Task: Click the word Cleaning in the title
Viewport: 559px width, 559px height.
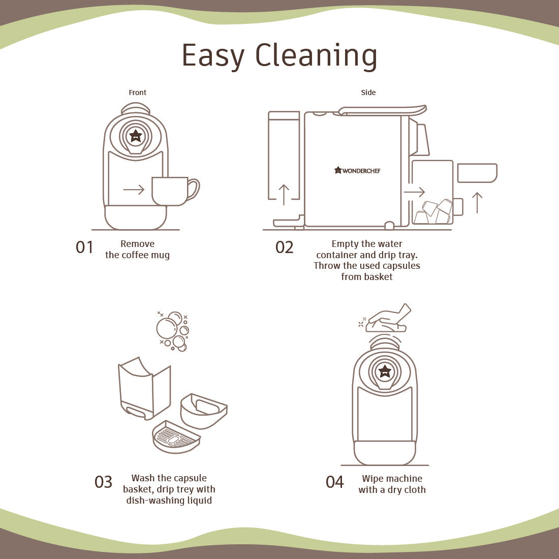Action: [316, 55]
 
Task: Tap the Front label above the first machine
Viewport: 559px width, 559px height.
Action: [137, 92]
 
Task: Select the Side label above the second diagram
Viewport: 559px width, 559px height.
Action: [368, 92]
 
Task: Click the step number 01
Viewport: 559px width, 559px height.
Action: [84, 247]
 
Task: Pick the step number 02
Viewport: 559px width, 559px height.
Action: [284, 247]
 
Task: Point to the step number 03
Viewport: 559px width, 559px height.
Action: [103, 482]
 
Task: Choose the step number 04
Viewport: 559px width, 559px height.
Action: [335, 482]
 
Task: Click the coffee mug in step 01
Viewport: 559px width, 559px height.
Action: [175, 191]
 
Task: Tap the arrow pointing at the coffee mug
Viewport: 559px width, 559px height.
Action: [134, 190]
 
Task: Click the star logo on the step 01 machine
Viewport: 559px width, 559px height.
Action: [136, 136]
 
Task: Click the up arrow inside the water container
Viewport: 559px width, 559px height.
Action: [284, 195]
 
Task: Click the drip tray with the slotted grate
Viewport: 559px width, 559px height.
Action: [176, 437]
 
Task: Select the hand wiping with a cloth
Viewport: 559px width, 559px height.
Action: [386, 318]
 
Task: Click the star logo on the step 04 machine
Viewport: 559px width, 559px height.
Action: [385, 371]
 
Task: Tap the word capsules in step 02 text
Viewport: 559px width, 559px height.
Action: [401, 266]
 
